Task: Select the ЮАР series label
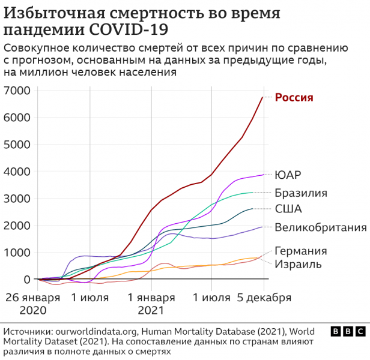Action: click(x=288, y=175)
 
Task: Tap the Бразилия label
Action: click(x=301, y=193)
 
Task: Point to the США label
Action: click(x=288, y=209)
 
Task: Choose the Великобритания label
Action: click(x=320, y=227)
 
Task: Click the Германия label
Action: click(x=301, y=251)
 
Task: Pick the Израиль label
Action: click(x=299, y=264)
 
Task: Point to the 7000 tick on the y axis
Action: click(x=19, y=91)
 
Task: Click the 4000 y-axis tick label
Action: click(x=19, y=172)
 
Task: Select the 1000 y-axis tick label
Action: click(x=19, y=253)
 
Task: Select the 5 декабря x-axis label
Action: click(x=262, y=298)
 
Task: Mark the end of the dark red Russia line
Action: click(x=262, y=97)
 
